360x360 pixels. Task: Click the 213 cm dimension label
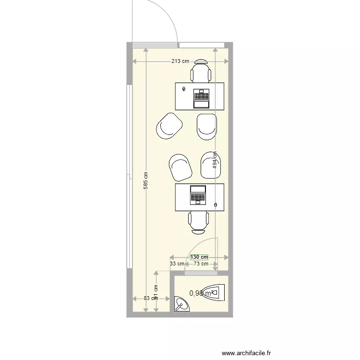[180, 61]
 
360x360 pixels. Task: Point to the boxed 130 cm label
[199, 258]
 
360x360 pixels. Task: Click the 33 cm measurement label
[177, 264]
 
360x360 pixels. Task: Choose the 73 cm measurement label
[201, 264]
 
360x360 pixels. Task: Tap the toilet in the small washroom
[213, 292]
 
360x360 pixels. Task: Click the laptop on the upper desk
[201, 98]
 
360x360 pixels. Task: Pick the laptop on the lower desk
[198, 194]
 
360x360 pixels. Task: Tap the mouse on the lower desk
[216, 205]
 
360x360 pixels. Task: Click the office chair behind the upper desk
[201, 72]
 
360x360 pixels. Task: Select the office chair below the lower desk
[199, 222]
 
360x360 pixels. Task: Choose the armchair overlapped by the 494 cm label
[210, 165]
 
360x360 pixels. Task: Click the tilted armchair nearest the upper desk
[169, 126]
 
